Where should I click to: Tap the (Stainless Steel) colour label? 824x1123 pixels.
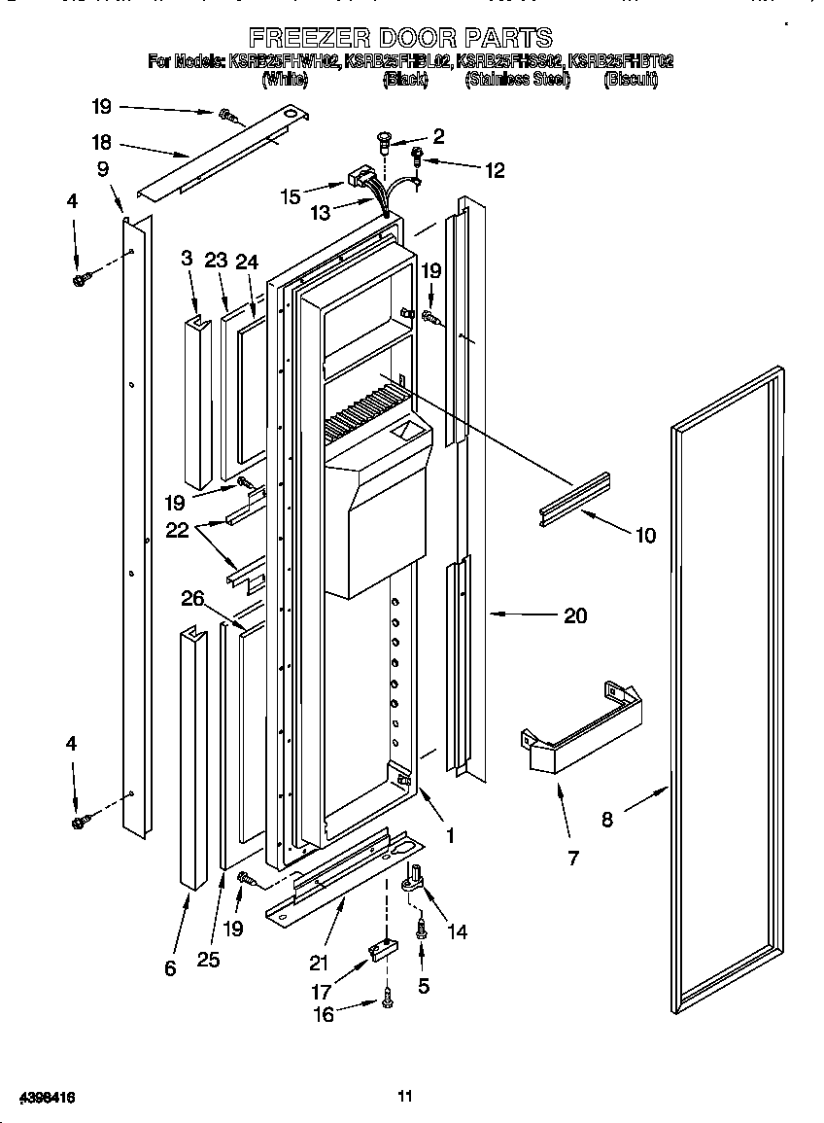[x=518, y=81]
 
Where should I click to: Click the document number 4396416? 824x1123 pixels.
[x=40, y=1097]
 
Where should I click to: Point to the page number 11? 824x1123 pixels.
[x=405, y=1097]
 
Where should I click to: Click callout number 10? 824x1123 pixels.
[x=644, y=535]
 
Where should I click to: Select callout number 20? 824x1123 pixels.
[x=575, y=615]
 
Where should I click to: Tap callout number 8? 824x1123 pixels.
[x=607, y=820]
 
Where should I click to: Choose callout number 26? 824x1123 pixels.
[x=192, y=599]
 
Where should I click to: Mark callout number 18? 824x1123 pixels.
[x=102, y=141]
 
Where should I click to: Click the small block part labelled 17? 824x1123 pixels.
[x=381, y=949]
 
